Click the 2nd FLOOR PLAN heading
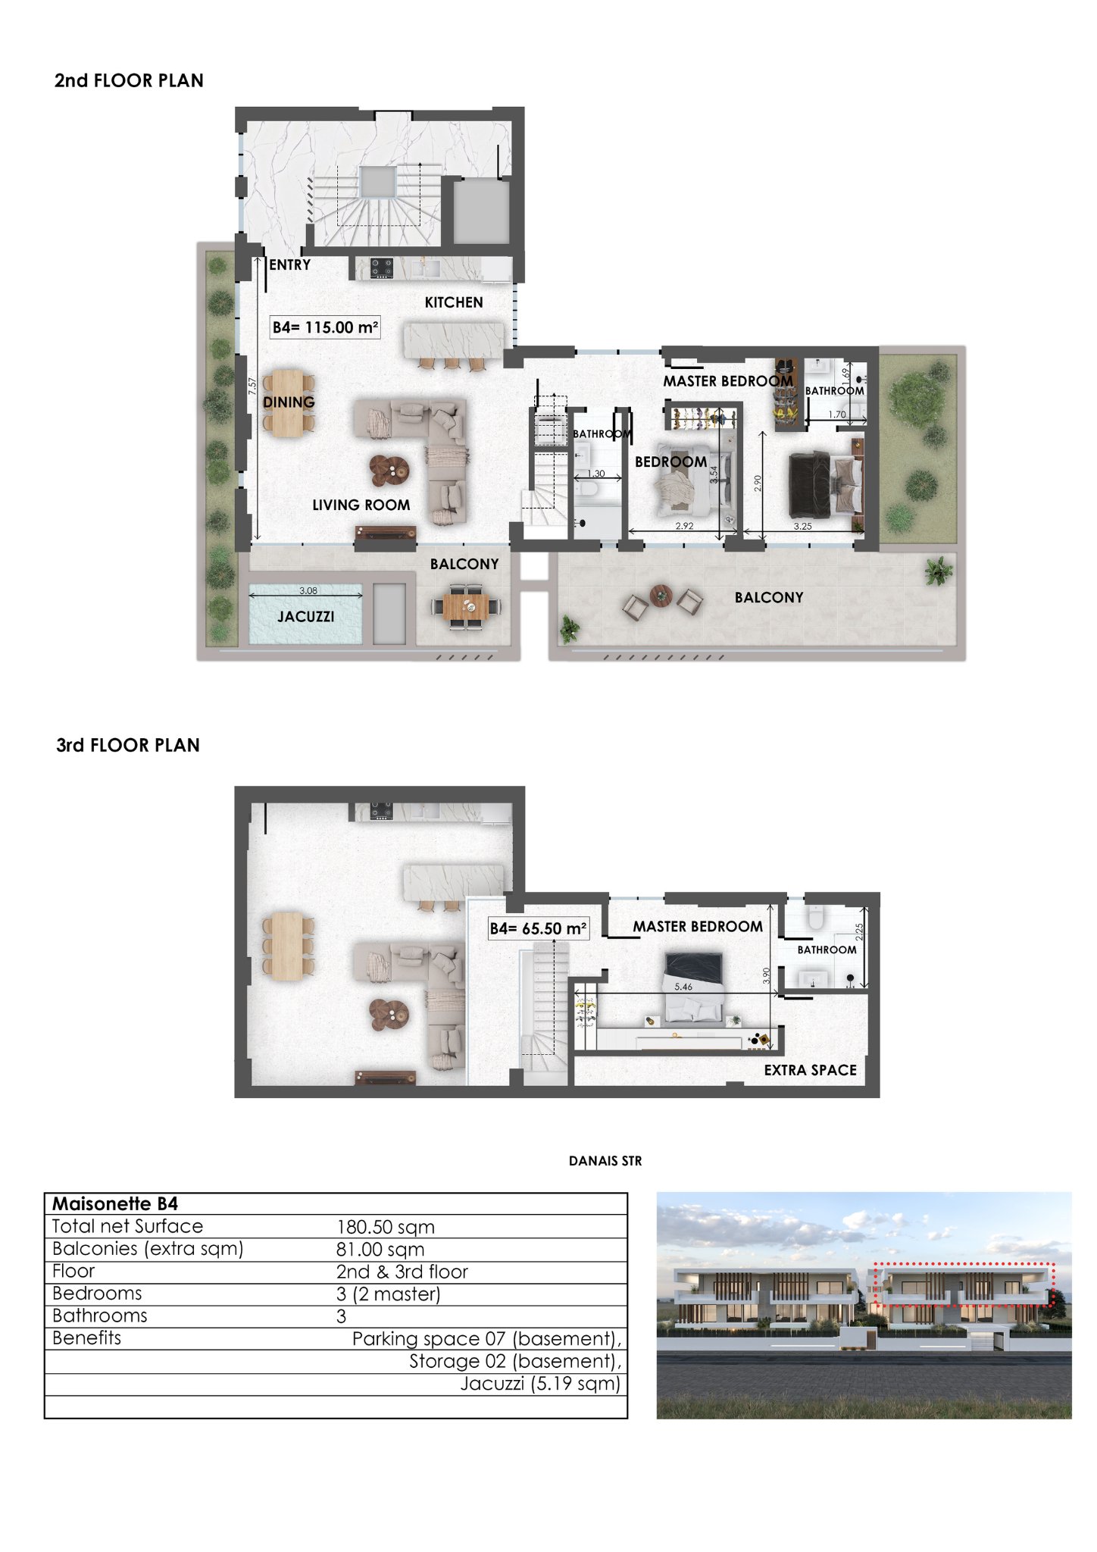coord(129,80)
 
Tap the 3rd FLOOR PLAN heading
coord(128,745)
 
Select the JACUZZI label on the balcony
coord(306,617)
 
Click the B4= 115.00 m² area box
coord(325,327)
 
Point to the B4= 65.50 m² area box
coord(538,928)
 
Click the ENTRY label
coord(290,265)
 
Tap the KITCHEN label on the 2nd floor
coord(454,302)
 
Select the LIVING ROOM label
coord(361,505)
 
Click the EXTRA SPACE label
coord(811,1070)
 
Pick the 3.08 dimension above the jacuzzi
coord(308,590)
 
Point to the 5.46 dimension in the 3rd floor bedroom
coord(683,987)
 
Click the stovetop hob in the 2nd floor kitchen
coord(381,268)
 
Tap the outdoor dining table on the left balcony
coord(466,606)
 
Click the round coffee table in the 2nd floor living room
coord(389,471)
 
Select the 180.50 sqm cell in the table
coord(386,1227)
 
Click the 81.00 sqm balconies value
coord(380,1249)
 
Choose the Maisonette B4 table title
coord(115,1203)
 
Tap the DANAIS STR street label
coord(605,1161)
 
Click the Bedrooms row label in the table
coord(97,1293)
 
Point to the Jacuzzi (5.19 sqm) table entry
coord(541,1384)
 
